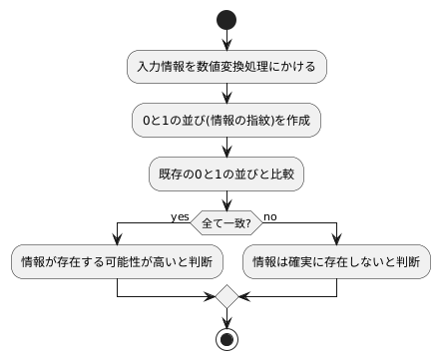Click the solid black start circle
click(226, 20)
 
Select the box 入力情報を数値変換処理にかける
click(226, 67)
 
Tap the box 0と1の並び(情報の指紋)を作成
click(226, 121)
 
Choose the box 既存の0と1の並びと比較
click(226, 175)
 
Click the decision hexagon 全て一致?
click(226, 220)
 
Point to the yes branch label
click(180, 215)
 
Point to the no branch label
click(270, 215)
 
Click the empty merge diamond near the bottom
click(226, 296)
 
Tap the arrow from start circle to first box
click(226, 40)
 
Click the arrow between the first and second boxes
click(226, 94)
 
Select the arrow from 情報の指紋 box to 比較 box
click(226, 148)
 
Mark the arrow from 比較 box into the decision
click(226, 200)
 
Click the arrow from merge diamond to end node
click(226, 317)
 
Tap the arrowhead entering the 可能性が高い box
click(117, 240)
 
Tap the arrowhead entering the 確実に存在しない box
click(337, 240)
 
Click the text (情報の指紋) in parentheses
click(235, 121)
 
